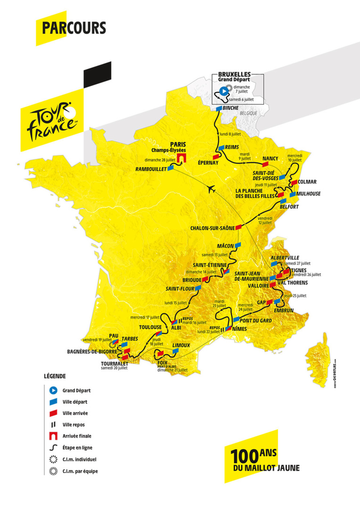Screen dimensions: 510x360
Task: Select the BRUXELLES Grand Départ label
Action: pos(234,77)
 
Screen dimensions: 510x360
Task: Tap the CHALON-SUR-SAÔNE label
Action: pos(212,228)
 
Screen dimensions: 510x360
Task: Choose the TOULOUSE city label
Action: pos(150,327)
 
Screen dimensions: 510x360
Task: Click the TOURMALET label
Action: pos(114,363)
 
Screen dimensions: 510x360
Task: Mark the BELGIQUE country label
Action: pos(248,114)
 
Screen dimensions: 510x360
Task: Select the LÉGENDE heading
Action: pos(55,377)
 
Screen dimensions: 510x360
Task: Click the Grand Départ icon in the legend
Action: pos(53,390)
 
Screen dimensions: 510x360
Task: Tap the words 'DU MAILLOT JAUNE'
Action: pos(262,469)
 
